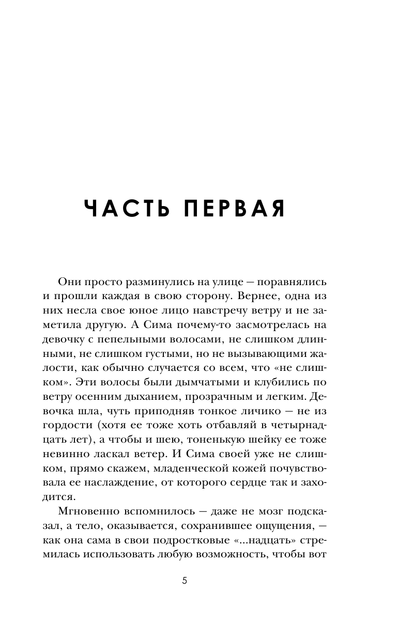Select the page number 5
pyautogui.click(x=185, y=581)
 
